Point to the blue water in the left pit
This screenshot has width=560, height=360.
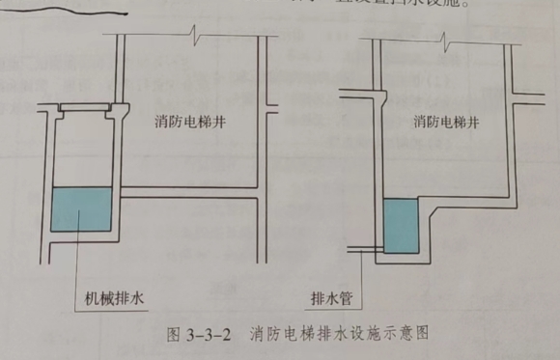click(x=81, y=209)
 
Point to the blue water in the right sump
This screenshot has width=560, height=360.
click(x=401, y=227)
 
